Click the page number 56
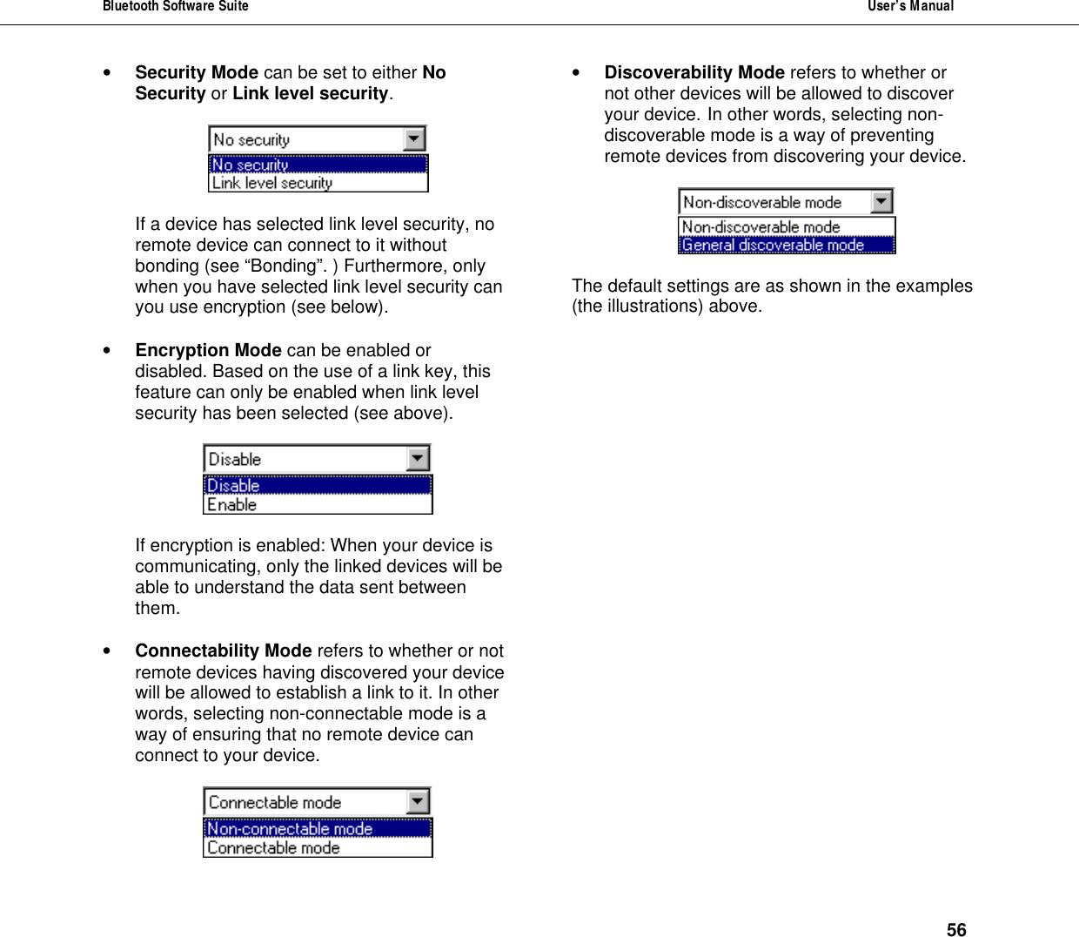click(956, 930)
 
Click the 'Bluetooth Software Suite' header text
click(176, 7)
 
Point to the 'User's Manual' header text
click(910, 7)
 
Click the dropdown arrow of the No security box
click(414, 139)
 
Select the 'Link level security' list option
click(272, 183)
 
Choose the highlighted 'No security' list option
click(251, 165)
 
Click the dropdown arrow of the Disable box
click(418, 459)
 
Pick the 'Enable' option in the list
click(232, 505)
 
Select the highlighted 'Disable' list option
click(233, 486)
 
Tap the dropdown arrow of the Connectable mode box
click(418, 802)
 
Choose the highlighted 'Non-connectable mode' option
click(290, 829)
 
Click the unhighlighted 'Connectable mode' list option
click(273, 848)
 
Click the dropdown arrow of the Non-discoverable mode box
click(881, 202)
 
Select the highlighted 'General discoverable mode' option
click(773, 246)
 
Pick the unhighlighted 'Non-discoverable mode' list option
click(761, 227)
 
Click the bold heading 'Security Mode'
click(197, 72)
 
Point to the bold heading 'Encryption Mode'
click(208, 350)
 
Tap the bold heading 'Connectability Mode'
click(224, 651)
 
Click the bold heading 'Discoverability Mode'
click(694, 72)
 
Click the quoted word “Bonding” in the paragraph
click(285, 266)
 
